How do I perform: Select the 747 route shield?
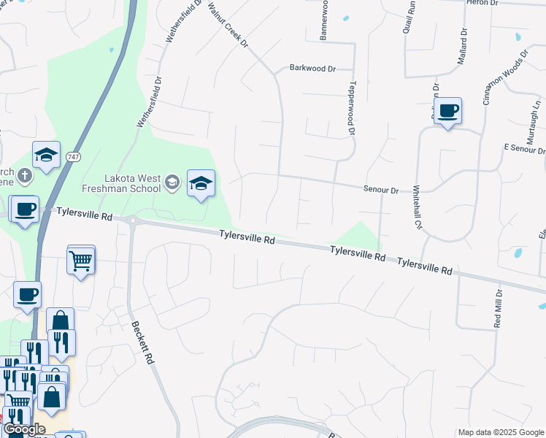pos(73,157)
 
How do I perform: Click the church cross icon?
pos(25,175)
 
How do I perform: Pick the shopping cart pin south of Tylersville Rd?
pos(81,259)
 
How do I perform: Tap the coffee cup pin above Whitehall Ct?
pos(448,111)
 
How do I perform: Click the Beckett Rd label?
pos(144,343)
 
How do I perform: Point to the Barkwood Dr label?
pos(312,69)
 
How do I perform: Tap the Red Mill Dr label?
pos(499,308)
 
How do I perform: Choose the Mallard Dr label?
pos(461,47)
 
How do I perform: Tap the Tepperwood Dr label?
pos(351,108)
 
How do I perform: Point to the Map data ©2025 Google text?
pos(500,432)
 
